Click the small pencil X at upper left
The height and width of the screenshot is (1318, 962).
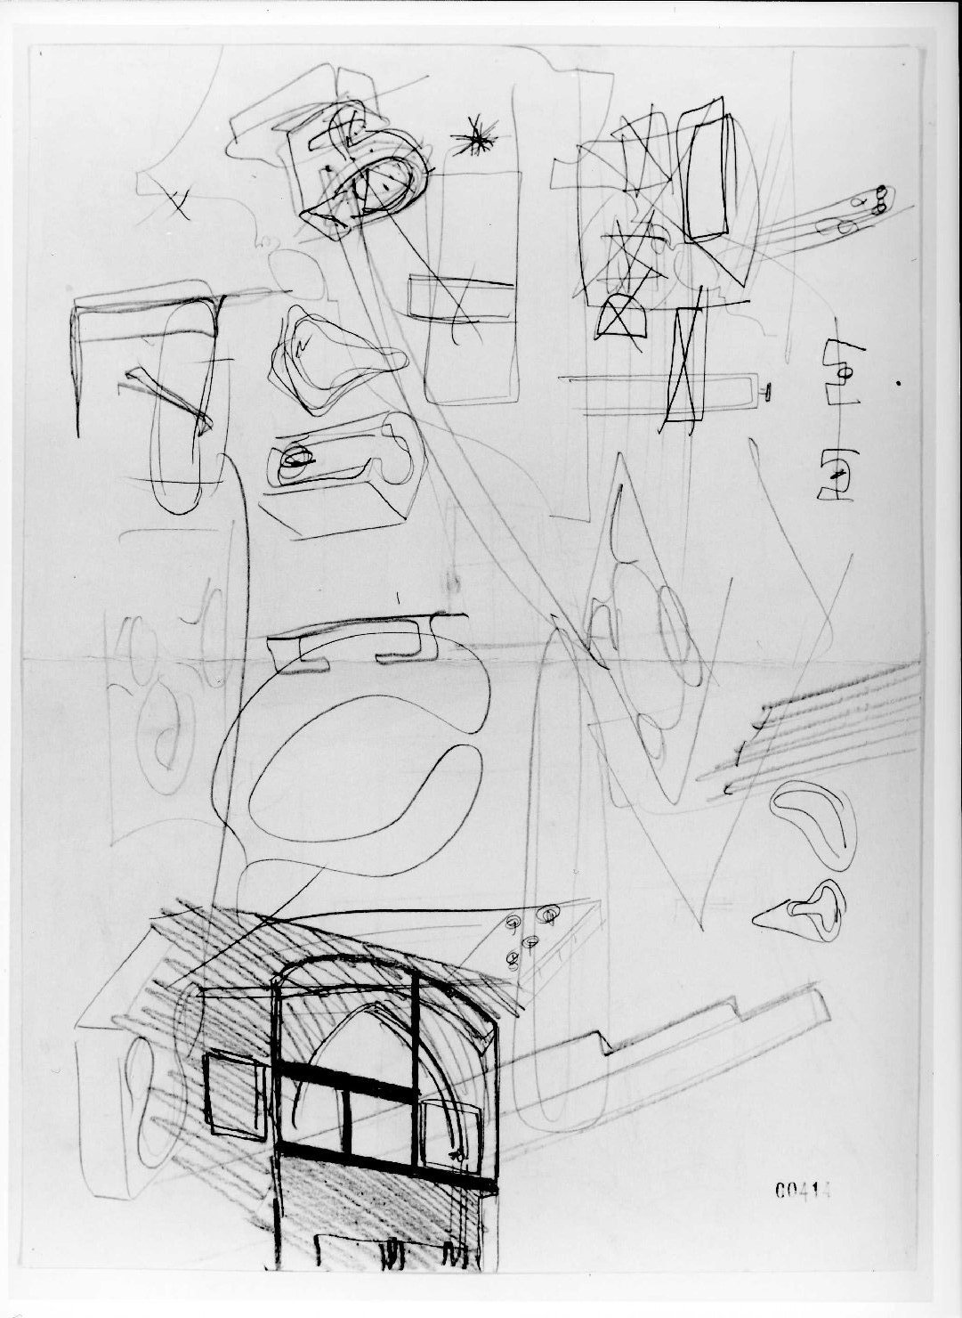(176, 204)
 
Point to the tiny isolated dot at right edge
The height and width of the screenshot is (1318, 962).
(899, 384)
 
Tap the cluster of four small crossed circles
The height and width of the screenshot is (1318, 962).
(529, 937)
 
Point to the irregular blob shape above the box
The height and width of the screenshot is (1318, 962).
(334, 363)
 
